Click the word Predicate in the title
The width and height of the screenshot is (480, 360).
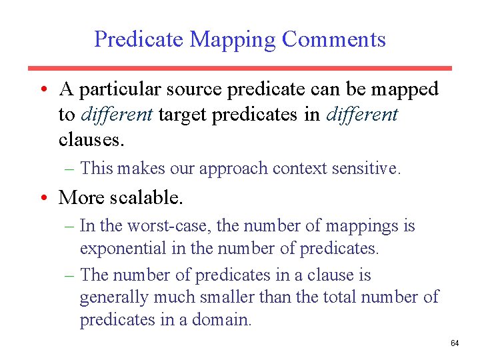coord(138,39)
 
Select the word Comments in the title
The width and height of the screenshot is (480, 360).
coord(333,39)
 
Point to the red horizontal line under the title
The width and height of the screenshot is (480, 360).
coord(239,68)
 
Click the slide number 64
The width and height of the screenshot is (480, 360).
coord(455,343)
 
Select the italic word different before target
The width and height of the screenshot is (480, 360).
coord(117,115)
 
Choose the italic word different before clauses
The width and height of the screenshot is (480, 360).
coord(362,115)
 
